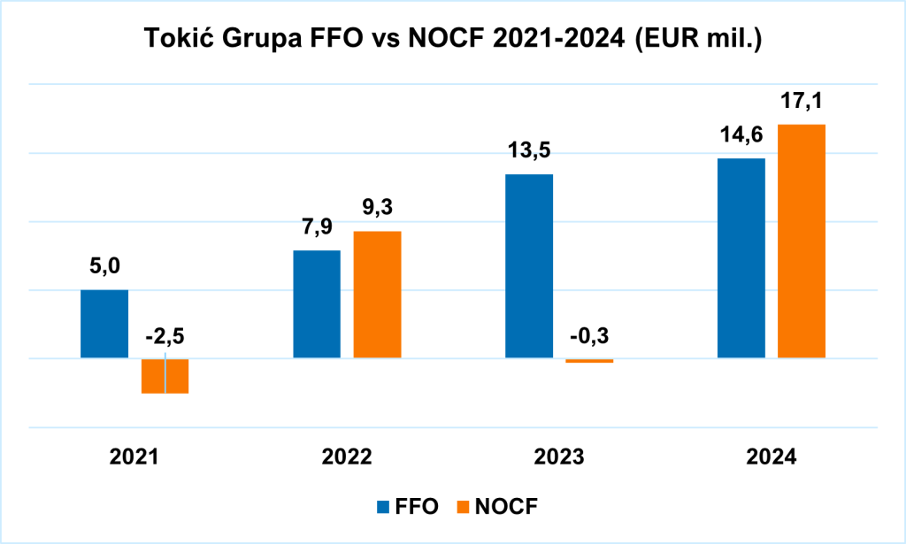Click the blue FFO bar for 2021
[x=104, y=324]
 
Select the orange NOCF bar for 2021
[x=165, y=375]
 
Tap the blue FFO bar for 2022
[x=317, y=304]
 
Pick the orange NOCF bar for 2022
[x=377, y=295]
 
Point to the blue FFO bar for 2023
[x=529, y=266]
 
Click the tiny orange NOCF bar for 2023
[x=589, y=361]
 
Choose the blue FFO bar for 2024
[x=741, y=258]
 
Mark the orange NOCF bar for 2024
[x=802, y=241]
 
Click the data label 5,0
[x=104, y=267]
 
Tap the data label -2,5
[x=165, y=337]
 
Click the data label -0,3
[x=589, y=337]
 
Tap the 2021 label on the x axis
[x=134, y=457]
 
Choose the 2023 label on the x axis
[x=559, y=457]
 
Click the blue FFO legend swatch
[x=383, y=507]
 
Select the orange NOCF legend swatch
[x=462, y=507]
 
